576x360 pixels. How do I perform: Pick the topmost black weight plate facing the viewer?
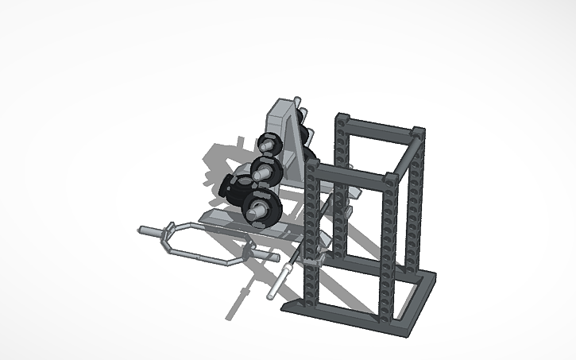pos(267,145)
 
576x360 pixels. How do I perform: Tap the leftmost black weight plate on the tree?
pos(230,188)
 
